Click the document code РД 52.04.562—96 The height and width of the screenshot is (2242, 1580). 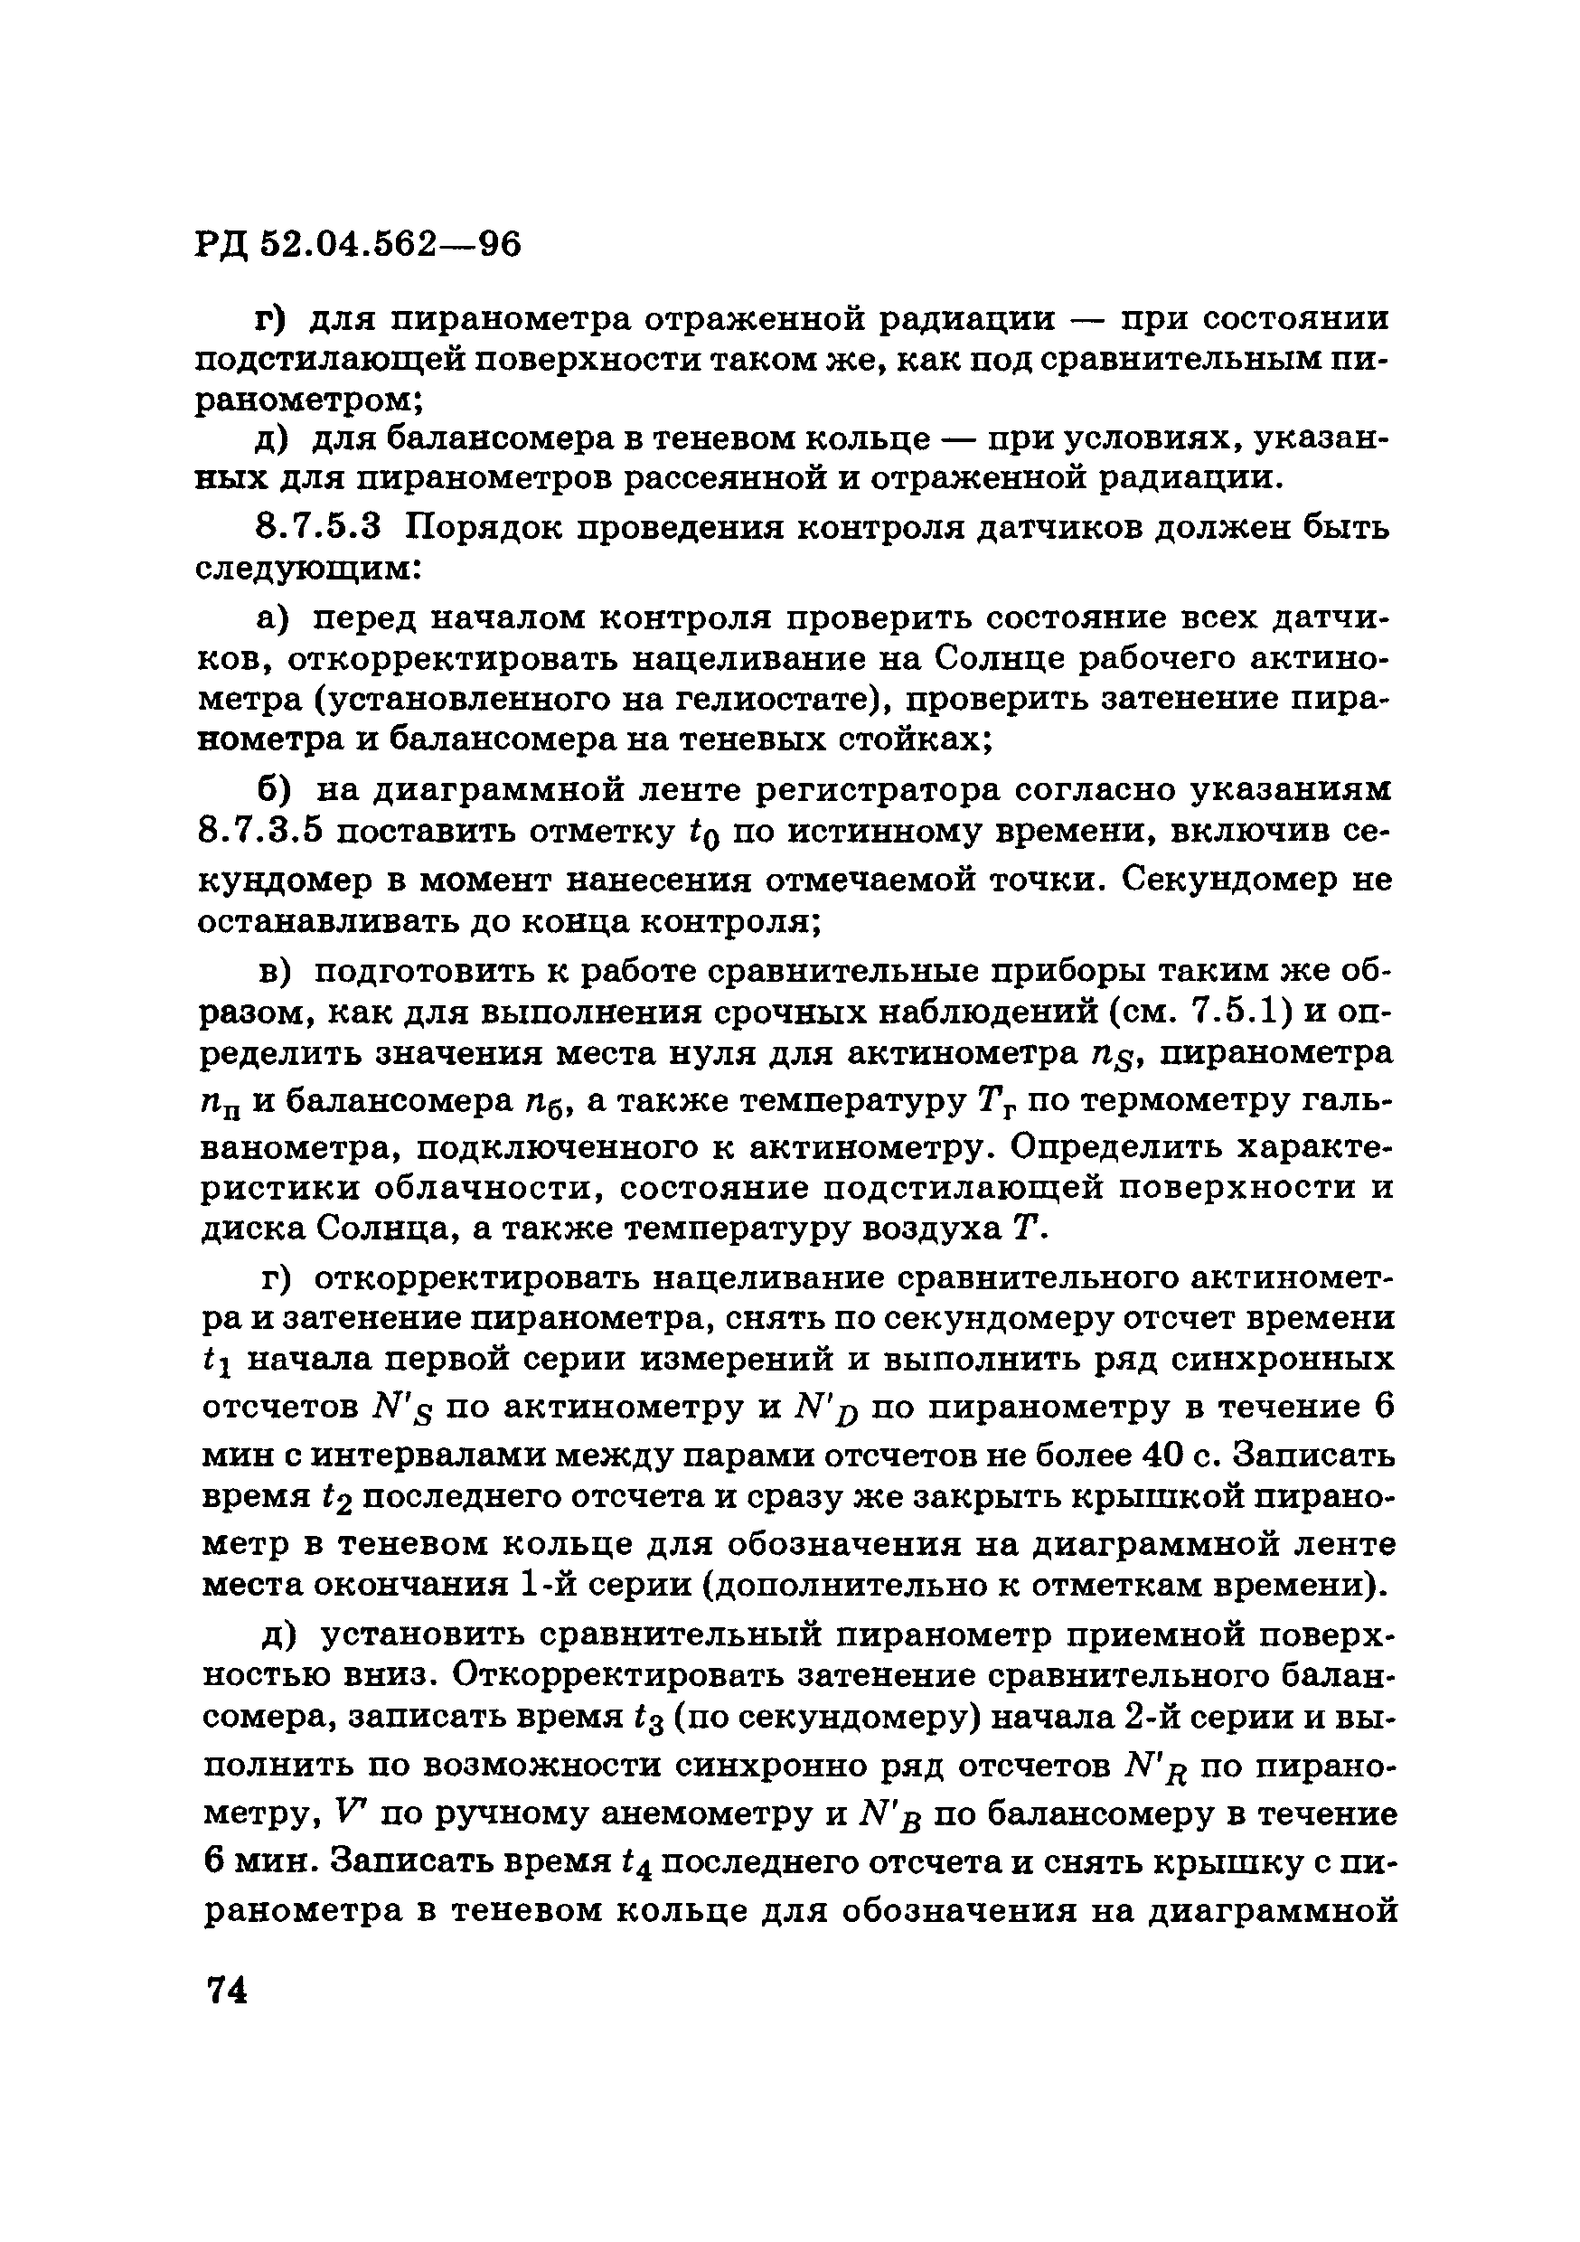tap(358, 243)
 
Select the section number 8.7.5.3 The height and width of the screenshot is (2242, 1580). tap(316, 528)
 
